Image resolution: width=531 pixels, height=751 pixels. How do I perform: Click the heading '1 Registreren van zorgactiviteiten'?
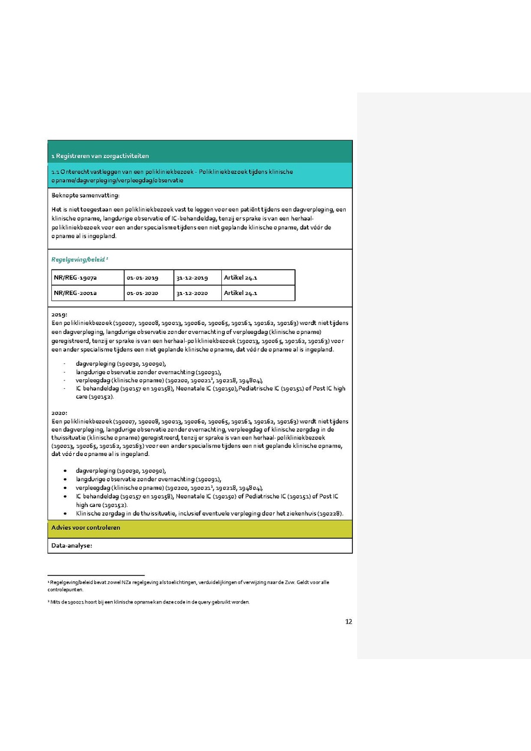100,156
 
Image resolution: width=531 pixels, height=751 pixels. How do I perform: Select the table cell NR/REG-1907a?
76,277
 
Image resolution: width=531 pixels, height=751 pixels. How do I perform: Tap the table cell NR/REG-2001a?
76,293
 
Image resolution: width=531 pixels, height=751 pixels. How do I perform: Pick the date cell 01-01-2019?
142,277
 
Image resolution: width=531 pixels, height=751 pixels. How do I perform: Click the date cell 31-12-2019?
192,277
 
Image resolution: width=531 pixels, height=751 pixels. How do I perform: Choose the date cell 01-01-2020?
142,293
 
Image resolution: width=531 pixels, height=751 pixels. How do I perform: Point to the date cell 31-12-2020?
192,293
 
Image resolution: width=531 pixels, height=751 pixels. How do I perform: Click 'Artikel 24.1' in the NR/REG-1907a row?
241,277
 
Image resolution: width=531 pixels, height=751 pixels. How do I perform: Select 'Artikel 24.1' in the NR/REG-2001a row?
241,293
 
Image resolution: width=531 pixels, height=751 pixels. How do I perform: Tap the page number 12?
349,621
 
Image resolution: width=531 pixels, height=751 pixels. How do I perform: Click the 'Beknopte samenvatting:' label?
86,195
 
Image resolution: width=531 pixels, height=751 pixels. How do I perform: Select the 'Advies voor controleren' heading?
86,527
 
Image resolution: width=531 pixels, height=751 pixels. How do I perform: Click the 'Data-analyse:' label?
72,546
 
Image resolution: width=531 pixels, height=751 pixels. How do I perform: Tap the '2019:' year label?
60,315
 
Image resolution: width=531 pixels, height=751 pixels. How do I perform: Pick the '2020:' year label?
60,414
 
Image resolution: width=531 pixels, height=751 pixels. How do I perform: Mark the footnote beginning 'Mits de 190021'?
150,602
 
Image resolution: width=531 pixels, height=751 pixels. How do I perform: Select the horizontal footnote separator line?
96,575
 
